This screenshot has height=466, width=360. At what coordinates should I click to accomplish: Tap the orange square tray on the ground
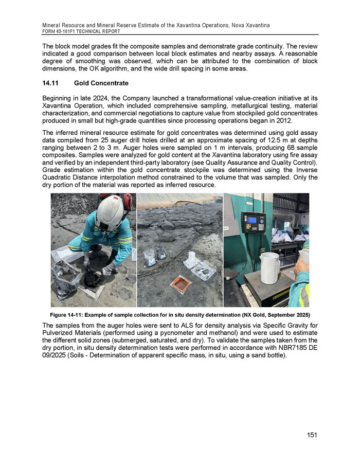tap(179, 284)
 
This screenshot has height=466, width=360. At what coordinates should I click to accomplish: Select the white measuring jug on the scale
tap(269, 267)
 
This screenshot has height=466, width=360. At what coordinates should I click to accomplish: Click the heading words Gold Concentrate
tap(101, 82)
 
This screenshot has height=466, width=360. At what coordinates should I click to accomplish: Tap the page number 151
tap(312, 435)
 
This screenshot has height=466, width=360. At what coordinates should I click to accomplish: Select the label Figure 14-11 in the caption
tap(70, 314)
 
